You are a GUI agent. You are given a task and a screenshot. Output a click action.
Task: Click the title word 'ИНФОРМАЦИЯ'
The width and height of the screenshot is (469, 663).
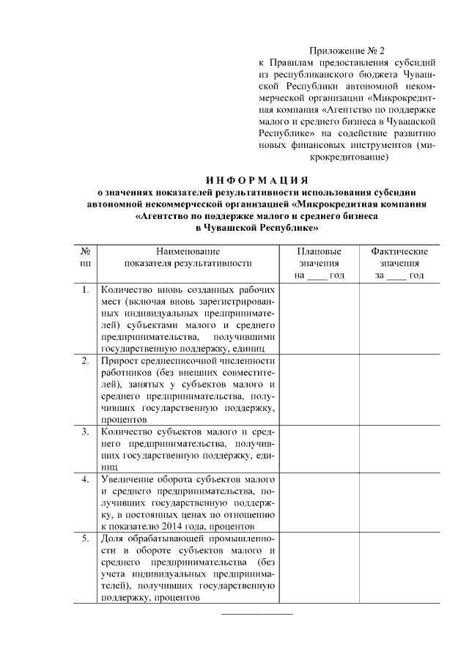click(256, 179)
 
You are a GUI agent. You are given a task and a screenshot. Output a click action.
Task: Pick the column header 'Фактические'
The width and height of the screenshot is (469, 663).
click(399, 251)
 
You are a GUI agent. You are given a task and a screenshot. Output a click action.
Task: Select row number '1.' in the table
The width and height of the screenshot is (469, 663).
click(86, 290)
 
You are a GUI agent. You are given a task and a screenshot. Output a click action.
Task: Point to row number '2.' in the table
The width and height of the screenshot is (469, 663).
click(86, 361)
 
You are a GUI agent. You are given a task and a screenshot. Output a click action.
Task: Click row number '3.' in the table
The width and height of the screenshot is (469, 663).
click(86, 432)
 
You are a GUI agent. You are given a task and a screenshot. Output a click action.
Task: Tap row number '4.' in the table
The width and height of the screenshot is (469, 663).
click(86, 480)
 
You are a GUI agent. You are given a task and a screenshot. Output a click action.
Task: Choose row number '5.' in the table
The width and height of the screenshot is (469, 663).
click(86, 539)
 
